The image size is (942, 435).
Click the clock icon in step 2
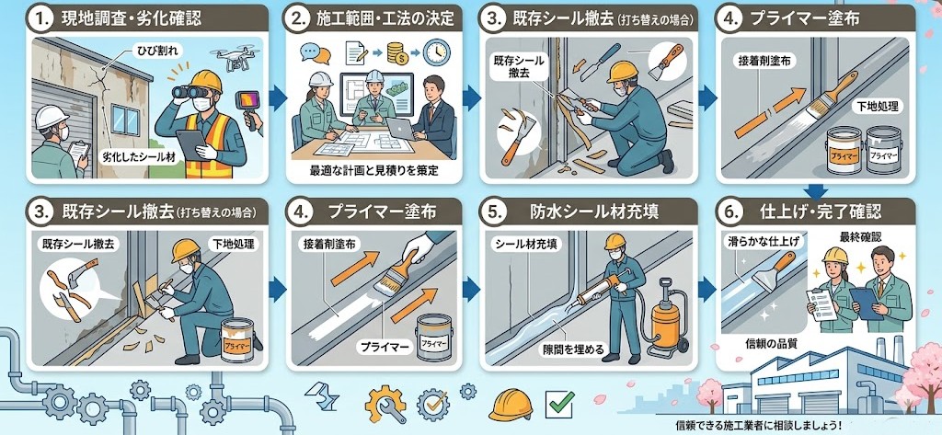436,52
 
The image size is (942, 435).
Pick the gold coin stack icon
397,53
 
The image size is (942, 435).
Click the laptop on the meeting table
399,128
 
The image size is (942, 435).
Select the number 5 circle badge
495,212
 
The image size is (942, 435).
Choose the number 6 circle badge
730,212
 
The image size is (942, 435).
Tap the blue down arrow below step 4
815,191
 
